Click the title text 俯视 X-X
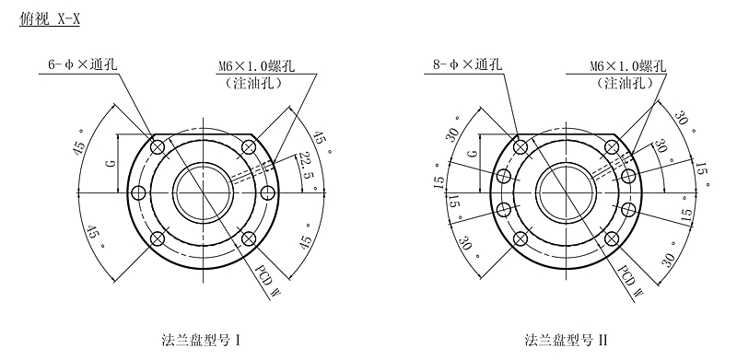50,19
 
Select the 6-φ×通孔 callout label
83,64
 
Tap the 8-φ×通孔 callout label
467,64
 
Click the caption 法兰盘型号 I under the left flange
201,340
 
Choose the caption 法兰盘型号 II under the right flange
566,340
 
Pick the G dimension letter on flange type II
474,152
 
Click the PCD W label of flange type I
267,280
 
